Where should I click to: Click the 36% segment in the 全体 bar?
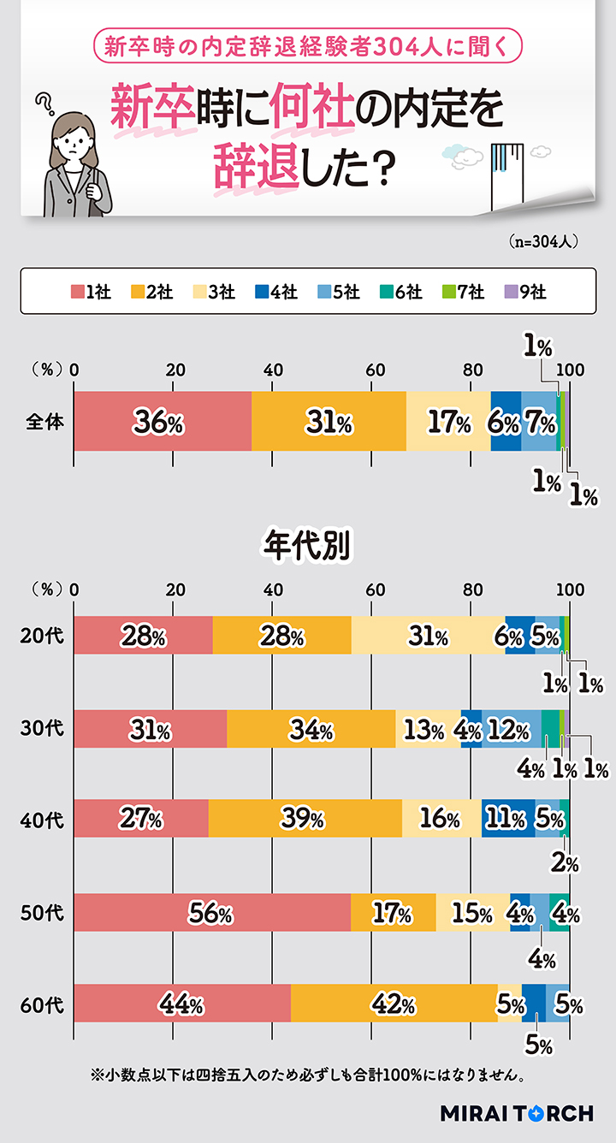pyautogui.click(x=163, y=421)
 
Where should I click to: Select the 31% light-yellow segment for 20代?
pyautogui.click(x=428, y=635)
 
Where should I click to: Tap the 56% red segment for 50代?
pyautogui.click(x=212, y=912)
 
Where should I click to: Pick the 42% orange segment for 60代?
pyautogui.click(x=394, y=1003)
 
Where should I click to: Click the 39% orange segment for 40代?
pyautogui.click(x=305, y=818)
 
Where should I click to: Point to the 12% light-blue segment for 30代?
pyautogui.click(x=512, y=729)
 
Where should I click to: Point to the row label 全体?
pyautogui.click(x=42, y=421)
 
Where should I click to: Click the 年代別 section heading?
pyautogui.click(x=307, y=545)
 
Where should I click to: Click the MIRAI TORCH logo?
pyautogui.click(x=516, y=1113)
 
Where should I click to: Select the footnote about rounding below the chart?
pyautogui.click(x=305, y=1074)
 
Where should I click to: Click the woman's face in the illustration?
pyautogui.click(x=75, y=140)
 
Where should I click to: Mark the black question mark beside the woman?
pyautogui.click(x=43, y=106)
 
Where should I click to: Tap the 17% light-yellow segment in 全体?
pyautogui.click(x=448, y=421)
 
